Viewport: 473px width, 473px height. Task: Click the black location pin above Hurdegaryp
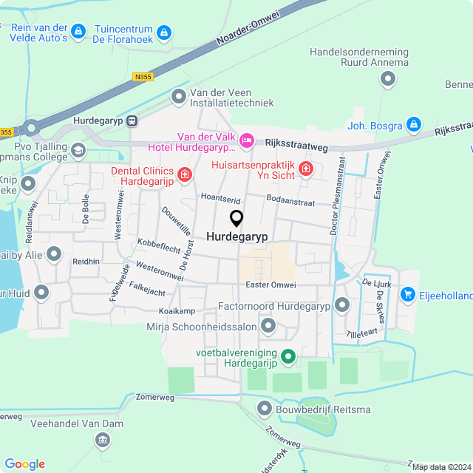[x=236, y=219]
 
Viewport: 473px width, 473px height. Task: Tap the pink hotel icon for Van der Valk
[x=247, y=140]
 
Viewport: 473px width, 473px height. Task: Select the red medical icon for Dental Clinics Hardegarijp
[x=184, y=175]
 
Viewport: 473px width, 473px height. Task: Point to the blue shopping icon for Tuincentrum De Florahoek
[x=164, y=33]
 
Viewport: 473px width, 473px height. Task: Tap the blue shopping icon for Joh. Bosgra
[x=414, y=123]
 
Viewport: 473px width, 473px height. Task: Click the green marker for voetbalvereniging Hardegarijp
[x=289, y=359]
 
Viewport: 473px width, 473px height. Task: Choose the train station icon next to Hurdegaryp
[x=132, y=121]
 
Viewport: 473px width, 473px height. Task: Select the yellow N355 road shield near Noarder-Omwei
[x=143, y=76]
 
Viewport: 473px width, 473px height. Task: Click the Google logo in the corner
[x=24, y=464]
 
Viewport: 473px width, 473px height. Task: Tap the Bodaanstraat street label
[x=290, y=202]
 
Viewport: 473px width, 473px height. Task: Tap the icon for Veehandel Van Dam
[x=103, y=441]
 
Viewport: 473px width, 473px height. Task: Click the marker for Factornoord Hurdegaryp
[x=341, y=305]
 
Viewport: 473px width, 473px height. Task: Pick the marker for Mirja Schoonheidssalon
[x=268, y=326]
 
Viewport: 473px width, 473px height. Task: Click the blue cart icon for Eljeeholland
[x=407, y=295]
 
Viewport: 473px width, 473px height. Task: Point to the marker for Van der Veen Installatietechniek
[x=179, y=96]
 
